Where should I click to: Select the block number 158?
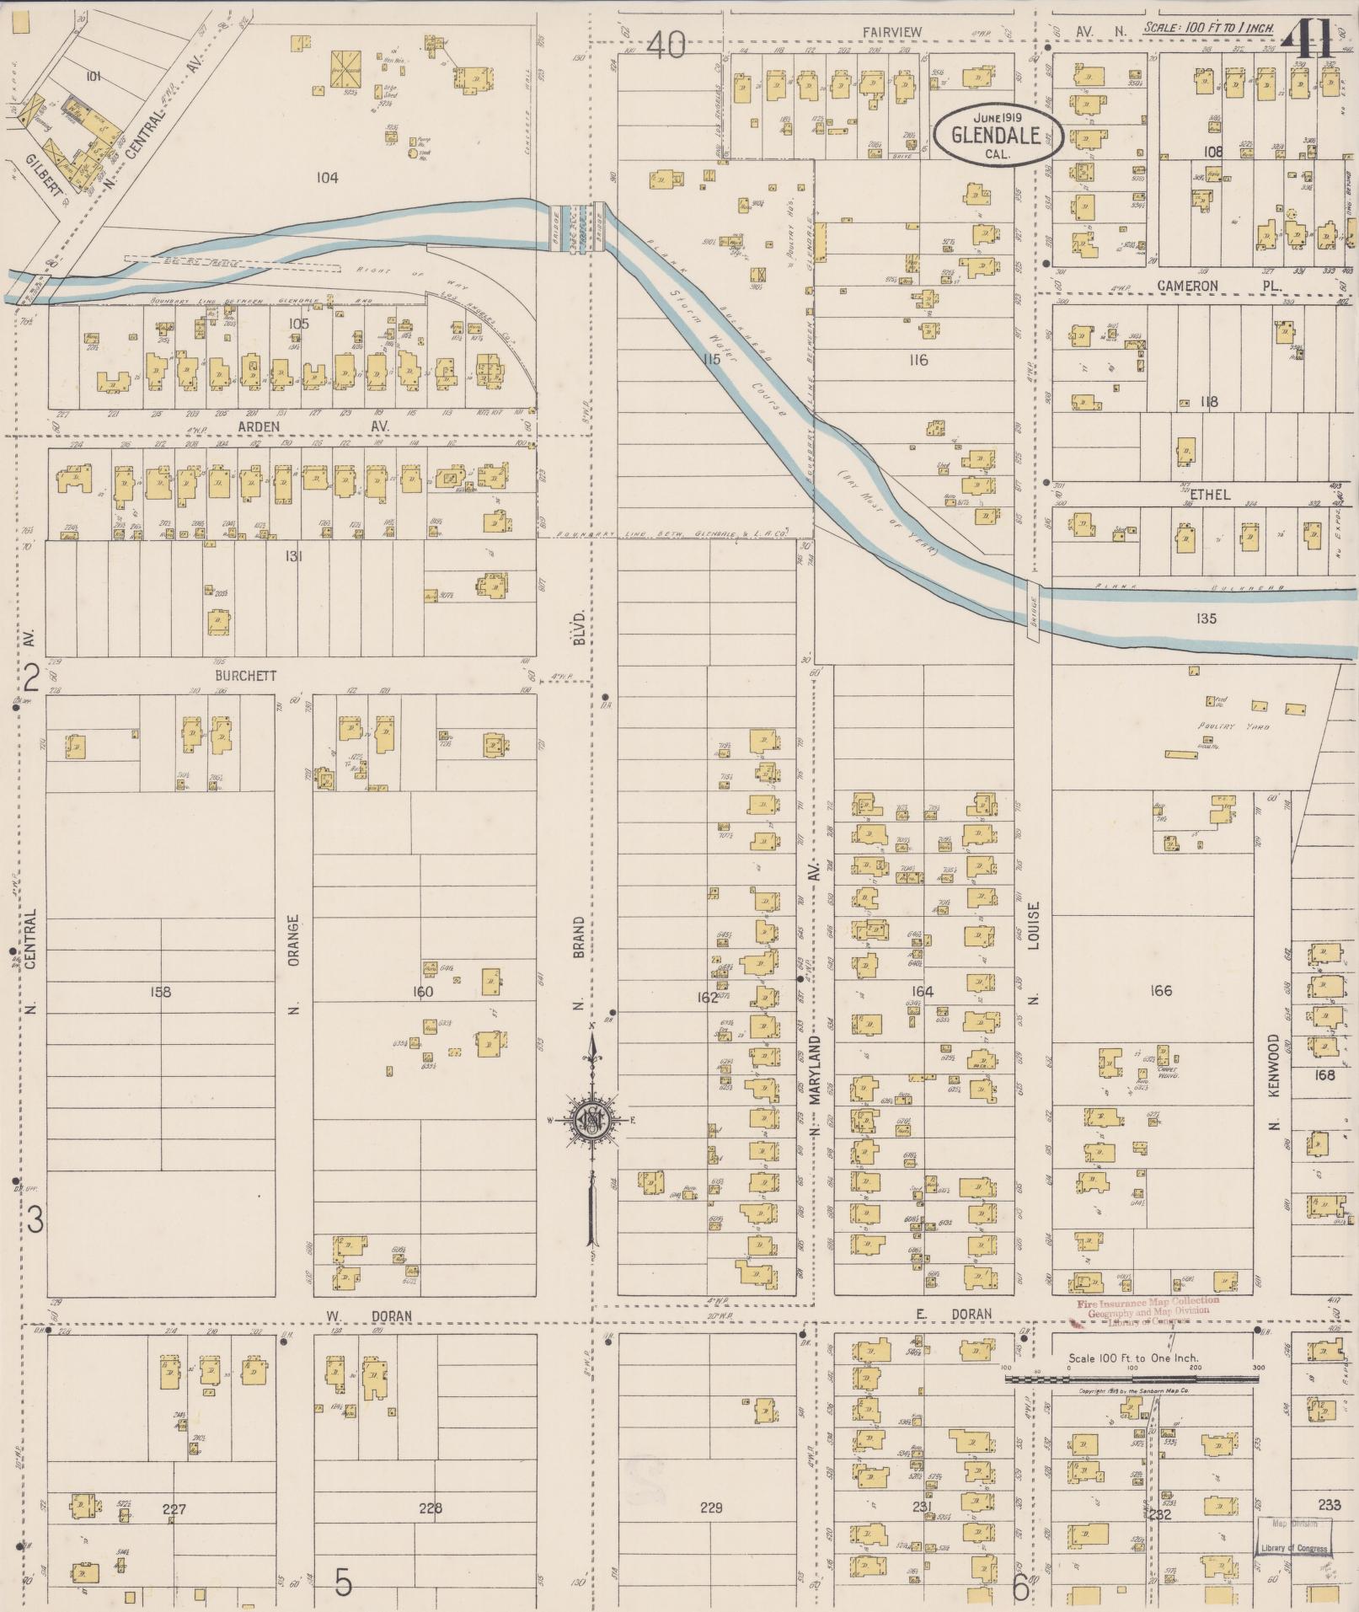coord(160,992)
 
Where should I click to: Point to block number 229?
coord(711,1508)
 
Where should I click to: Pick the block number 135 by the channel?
coord(1206,619)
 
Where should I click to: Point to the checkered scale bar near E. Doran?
coord(1132,1380)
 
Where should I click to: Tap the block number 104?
coord(327,177)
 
